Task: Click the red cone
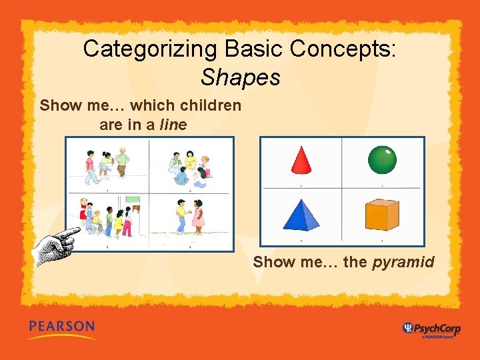[302, 161]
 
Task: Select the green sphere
[382, 159]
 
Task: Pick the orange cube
[381, 215]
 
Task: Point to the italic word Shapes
[240, 77]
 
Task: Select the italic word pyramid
[403, 262]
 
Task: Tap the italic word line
[173, 125]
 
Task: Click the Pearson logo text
[61, 327]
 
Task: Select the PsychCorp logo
[430, 328]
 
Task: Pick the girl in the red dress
[83, 211]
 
